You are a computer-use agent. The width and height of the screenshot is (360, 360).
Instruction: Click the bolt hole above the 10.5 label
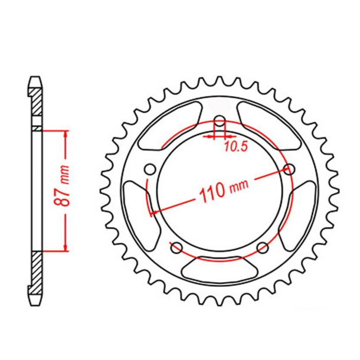[220, 122]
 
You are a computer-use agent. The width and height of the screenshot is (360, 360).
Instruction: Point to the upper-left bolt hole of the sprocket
[150, 170]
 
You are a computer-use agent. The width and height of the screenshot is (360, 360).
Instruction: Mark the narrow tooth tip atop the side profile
[37, 78]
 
